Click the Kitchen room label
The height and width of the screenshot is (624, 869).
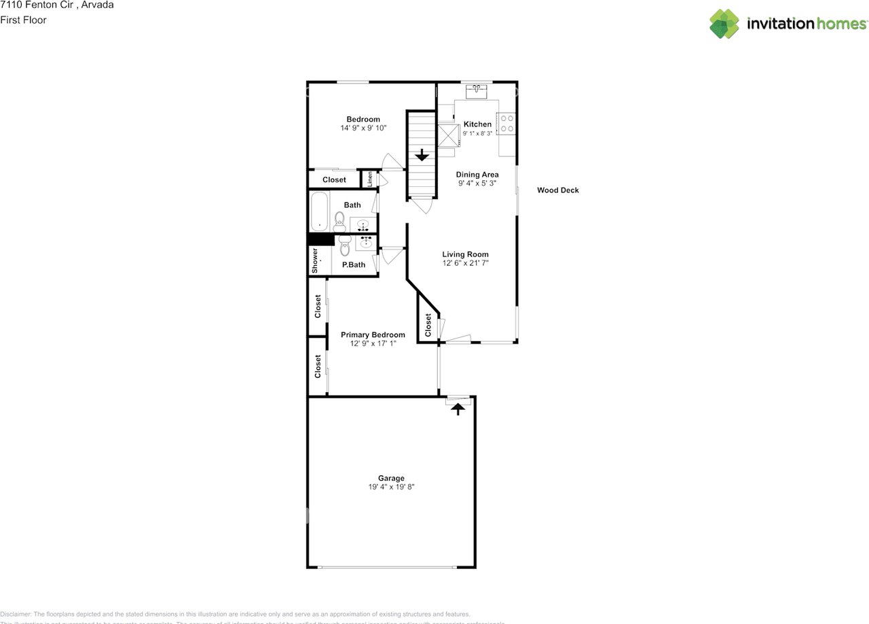(477, 124)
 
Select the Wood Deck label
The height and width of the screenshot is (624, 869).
(557, 190)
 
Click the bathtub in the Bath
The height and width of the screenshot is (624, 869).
(318, 212)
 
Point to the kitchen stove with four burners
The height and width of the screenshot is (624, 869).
(506, 123)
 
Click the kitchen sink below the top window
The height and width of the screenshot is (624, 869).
(477, 91)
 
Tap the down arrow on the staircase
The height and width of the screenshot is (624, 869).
(422, 155)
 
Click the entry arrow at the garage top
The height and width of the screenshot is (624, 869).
(458, 408)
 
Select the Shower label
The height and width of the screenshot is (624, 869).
(315, 260)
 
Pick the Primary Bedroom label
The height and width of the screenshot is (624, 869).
(373, 334)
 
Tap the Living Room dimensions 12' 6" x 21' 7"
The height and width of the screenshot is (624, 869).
(465, 263)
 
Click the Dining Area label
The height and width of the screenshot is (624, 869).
(477, 175)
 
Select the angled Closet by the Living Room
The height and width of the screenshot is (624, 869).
(428, 324)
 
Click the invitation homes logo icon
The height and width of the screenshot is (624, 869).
(724, 24)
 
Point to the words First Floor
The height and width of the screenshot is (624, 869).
(23, 20)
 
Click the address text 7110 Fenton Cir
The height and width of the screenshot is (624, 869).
(38, 5)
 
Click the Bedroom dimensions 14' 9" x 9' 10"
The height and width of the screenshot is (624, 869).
(363, 128)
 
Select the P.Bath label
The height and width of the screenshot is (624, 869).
(354, 264)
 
